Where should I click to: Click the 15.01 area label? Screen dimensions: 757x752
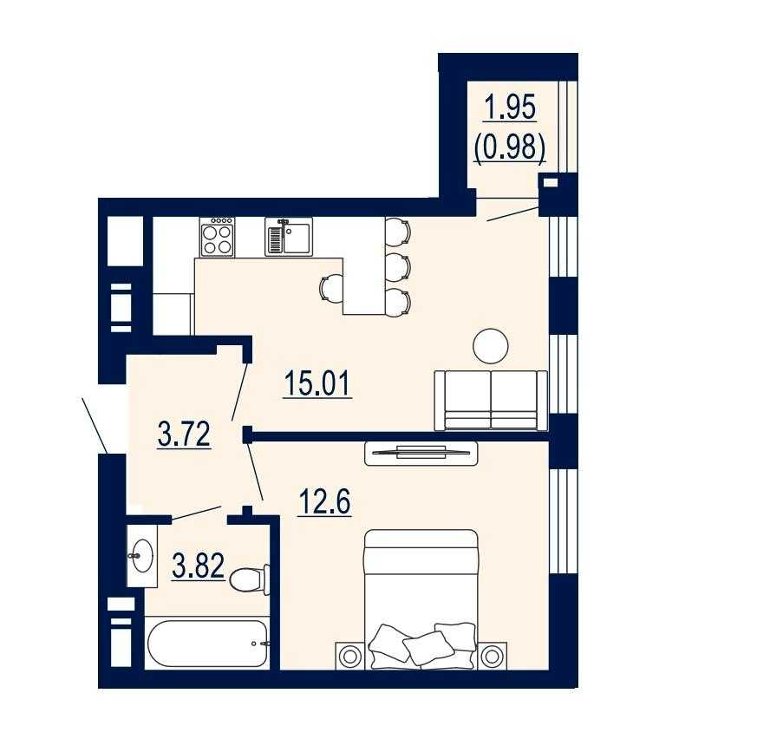pyautogui.click(x=317, y=383)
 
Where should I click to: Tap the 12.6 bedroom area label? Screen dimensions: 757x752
pyautogui.click(x=325, y=502)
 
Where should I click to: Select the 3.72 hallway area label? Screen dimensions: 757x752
pyautogui.click(x=184, y=434)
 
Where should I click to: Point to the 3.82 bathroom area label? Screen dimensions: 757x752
pyautogui.click(x=198, y=566)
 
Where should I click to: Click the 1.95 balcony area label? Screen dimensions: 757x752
pyautogui.click(x=510, y=108)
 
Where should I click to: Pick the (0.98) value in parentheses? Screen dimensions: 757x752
pyautogui.click(x=510, y=147)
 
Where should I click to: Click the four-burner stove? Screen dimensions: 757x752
pyautogui.click(x=218, y=237)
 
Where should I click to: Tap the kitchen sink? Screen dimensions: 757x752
pyautogui.click(x=289, y=236)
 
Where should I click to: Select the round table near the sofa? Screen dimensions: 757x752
pyautogui.click(x=491, y=346)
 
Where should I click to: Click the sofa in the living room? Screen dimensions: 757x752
pyautogui.click(x=491, y=401)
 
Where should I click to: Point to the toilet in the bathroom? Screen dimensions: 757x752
pyautogui.click(x=249, y=579)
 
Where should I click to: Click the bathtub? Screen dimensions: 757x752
pyautogui.click(x=207, y=643)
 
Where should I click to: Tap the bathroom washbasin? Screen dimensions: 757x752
pyautogui.click(x=142, y=555)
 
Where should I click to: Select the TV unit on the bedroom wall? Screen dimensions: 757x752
pyautogui.click(x=421, y=453)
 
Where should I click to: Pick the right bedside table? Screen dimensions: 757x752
pyautogui.click(x=492, y=656)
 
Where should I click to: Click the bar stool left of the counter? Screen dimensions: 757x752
pyautogui.click(x=331, y=287)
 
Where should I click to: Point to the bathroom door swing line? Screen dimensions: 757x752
pyautogui.click(x=197, y=513)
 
